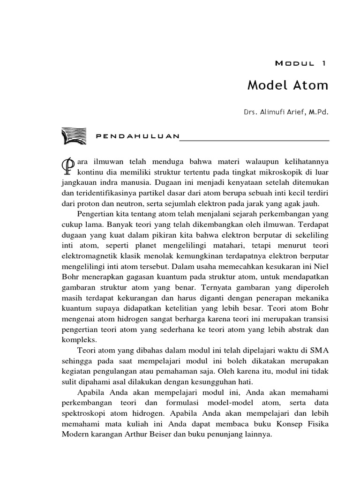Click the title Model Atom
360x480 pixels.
(x=288, y=86)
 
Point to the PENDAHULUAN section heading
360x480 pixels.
(x=137, y=136)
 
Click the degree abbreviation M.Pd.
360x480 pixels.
(x=318, y=112)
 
